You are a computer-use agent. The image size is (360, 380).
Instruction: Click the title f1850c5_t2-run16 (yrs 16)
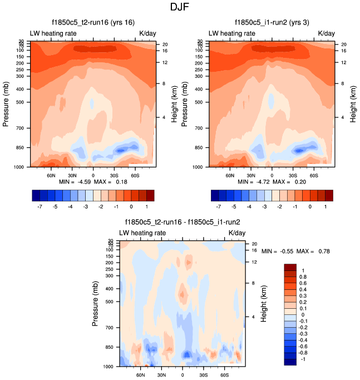(92, 22)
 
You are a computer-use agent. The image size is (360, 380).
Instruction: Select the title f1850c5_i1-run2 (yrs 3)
(272, 22)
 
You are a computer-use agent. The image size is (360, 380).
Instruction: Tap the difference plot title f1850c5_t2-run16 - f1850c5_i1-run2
(182, 222)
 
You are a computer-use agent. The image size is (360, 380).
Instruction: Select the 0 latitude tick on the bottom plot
(183, 374)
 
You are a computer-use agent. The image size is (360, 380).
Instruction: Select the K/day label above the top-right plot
(327, 33)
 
